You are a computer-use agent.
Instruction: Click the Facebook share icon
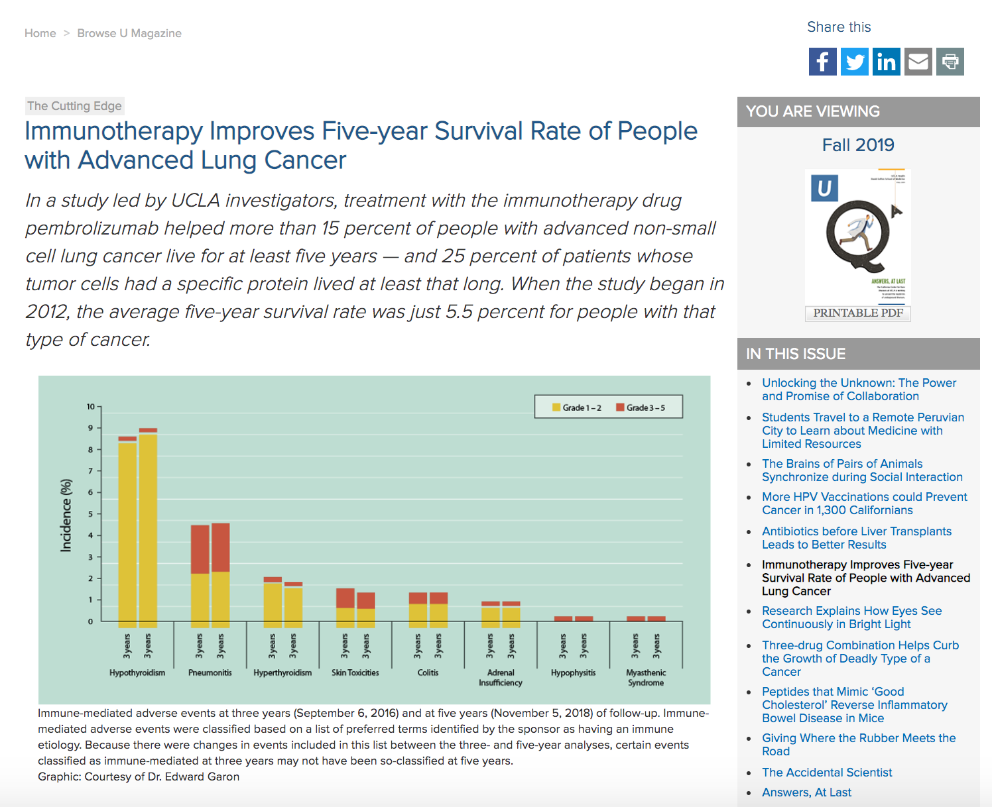(x=822, y=62)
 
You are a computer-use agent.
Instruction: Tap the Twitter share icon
(x=855, y=62)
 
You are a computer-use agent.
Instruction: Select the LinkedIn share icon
(x=887, y=62)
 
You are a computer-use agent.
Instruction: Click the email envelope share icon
(x=918, y=62)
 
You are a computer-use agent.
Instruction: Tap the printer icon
(x=950, y=62)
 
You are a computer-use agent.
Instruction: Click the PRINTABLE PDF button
(x=858, y=313)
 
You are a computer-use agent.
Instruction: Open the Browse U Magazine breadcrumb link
(x=129, y=33)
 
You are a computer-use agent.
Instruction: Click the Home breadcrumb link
(x=40, y=33)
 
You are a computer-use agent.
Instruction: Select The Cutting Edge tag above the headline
(x=74, y=106)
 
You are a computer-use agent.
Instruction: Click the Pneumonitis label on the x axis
(x=210, y=672)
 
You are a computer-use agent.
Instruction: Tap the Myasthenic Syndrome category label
(x=646, y=677)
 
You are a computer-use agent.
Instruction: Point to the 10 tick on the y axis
(x=91, y=406)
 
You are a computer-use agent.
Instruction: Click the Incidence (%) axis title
(x=66, y=515)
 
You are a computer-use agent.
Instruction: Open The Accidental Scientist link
(x=827, y=773)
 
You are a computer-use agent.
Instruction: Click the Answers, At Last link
(x=806, y=792)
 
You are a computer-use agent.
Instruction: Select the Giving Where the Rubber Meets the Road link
(x=859, y=745)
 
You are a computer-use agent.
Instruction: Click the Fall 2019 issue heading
(x=858, y=145)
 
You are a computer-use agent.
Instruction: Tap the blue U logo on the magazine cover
(x=824, y=188)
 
